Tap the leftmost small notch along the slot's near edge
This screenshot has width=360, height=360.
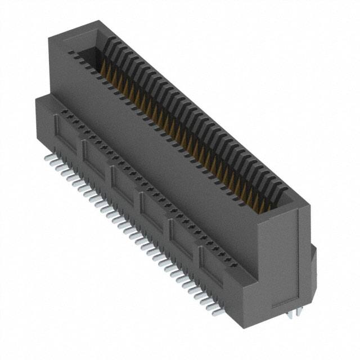point(71,52)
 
